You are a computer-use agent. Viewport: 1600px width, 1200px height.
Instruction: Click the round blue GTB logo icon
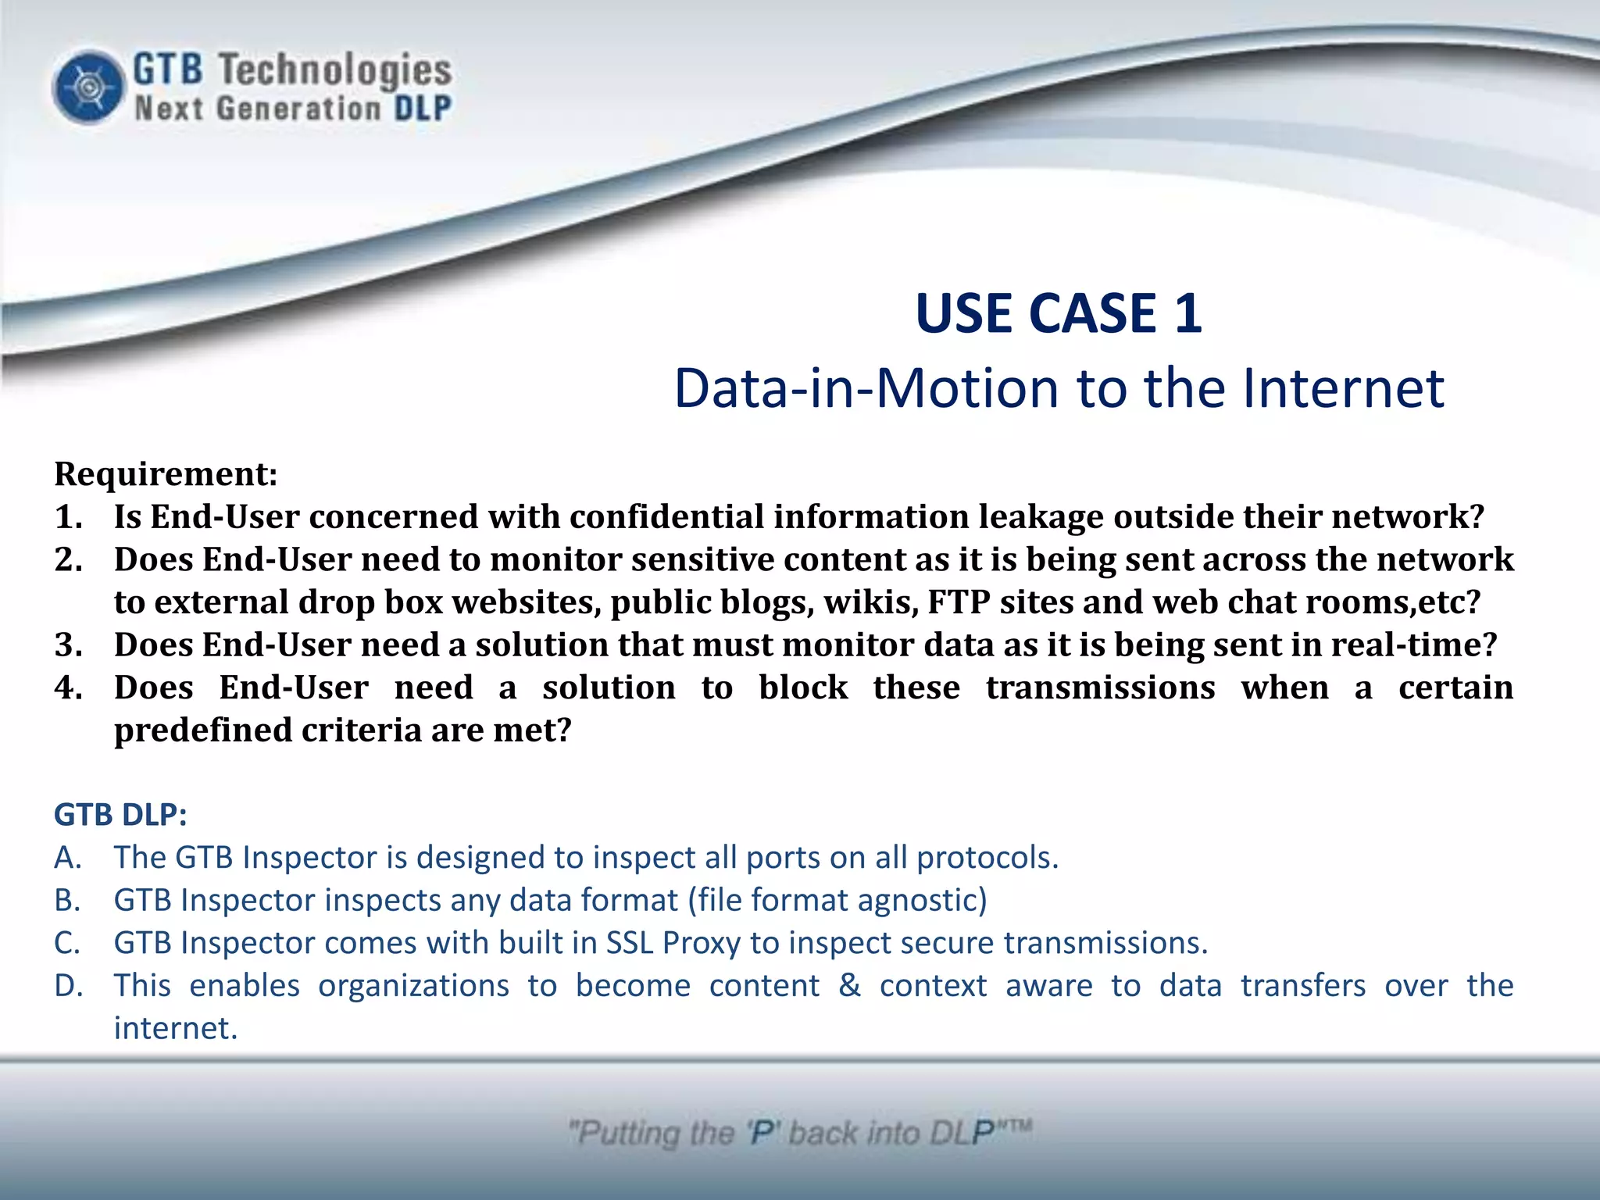click(88, 87)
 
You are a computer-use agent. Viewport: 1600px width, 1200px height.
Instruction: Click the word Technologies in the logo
click(334, 70)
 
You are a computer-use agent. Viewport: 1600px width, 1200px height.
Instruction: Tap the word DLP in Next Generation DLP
click(422, 109)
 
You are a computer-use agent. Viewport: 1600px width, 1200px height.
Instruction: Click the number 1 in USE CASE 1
click(1187, 313)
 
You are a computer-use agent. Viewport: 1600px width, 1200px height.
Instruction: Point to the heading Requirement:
click(166, 474)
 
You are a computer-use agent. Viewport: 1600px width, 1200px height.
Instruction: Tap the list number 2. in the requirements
click(69, 560)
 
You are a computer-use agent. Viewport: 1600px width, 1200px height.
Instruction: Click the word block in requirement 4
click(802, 688)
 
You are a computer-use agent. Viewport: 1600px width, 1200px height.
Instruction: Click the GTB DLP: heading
click(120, 815)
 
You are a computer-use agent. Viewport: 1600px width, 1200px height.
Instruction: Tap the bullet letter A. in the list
click(68, 858)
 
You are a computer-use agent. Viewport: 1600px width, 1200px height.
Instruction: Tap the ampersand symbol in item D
click(849, 986)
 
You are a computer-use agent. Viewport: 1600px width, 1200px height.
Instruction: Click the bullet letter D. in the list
click(69, 986)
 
